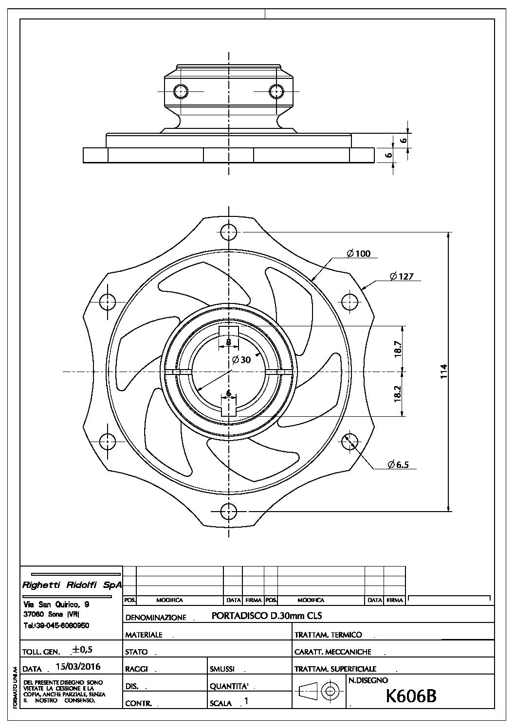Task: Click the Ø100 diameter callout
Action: pyautogui.click(x=359, y=253)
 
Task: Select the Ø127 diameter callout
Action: pyautogui.click(x=402, y=276)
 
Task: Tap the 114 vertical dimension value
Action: pyautogui.click(x=444, y=372)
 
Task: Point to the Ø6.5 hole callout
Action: pyautogui.click(x=398, y=464)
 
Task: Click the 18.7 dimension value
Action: pyautogui.click(x=398, y=349)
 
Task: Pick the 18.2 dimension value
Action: pyautogui.click(x=398, y=394)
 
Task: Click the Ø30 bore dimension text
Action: pyautogui.click(x=242, y=359)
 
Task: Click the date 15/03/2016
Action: pyautogui.click(x=78, y=667)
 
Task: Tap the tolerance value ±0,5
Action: pyautogui.click(x=82, y=649)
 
